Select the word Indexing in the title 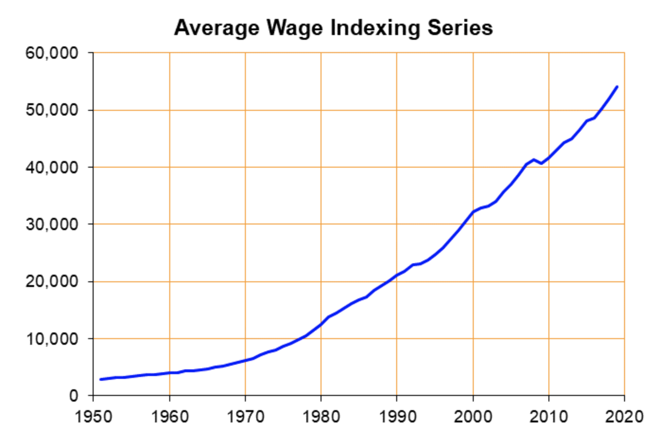(x=375, y=28)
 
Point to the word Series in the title (x=460, y=28)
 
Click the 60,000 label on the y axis (x=52, y=53)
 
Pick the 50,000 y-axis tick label (x=52, y=110)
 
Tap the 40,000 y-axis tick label (x=52, y=167)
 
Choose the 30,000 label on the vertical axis (x=52, y=224)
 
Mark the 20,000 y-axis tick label (x=52, y=281)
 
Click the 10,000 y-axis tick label (x=52, y=339)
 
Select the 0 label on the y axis (x=73, y=395)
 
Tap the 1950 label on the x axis (x=94, y=417)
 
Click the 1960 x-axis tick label (x=170, y=417)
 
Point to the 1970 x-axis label (x=245, y=417)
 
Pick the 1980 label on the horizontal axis (x=321, y=417)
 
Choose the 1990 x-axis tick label (x=397, y=417)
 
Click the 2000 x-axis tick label (x=473, y=417)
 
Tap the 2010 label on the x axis (x=548, y=417)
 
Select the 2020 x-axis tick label (x=624, y=417)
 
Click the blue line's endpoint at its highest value (x=617, y=87)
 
